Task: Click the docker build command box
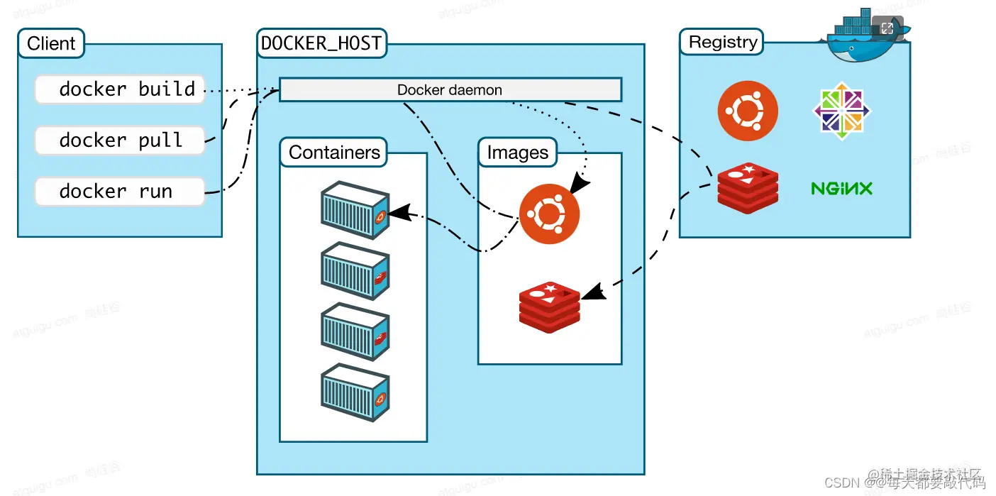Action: click(x=120, y=89)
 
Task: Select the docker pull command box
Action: click(x=120, y=140)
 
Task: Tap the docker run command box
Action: click(x=120, y=192)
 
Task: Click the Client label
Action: click(x=51, y=43)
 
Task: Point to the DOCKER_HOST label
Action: click(x=321, y=43)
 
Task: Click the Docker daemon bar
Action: click(x=450, y=90)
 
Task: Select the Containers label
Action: click(x=334, y=153)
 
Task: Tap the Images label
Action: click(x=517, y=153)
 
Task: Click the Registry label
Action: click(x=722, y=42)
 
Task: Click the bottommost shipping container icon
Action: click(x=355, y=395)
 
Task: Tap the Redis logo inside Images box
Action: click(x=549, y=307)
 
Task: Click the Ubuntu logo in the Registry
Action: click(x=747, y=111)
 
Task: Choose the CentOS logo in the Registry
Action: click(x=841, y=111)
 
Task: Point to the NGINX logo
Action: click(x=841, y=188)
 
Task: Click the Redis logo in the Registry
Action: click(x=747, y=188)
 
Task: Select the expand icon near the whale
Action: click(x=887, y=28)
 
